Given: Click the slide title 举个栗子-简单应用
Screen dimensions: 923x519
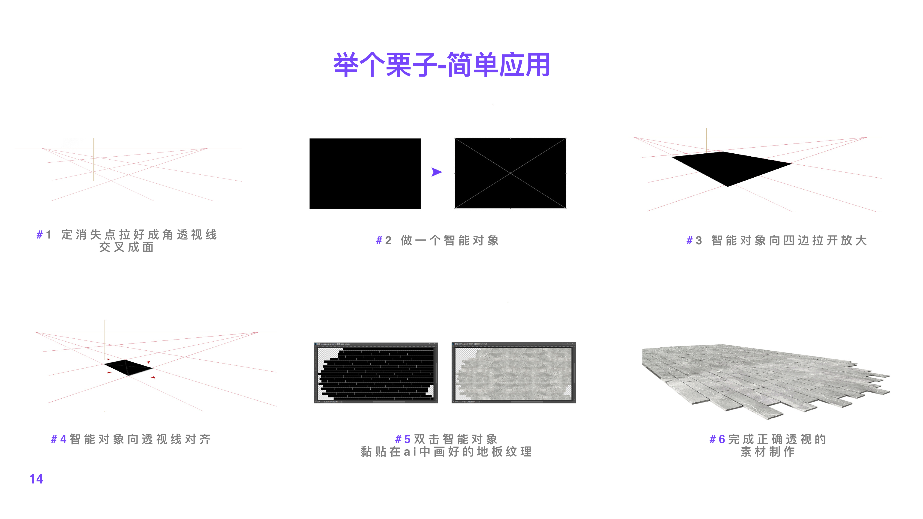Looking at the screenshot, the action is click(x=441, y=65).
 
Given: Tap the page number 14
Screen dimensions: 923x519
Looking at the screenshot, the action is click(x=36, y=479).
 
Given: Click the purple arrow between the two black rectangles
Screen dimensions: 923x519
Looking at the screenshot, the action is click(x=436, y=172).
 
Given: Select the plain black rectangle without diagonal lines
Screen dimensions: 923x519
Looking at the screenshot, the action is click(x=365, y=174).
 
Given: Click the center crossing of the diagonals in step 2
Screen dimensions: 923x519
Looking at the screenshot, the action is click(x=510, y=173).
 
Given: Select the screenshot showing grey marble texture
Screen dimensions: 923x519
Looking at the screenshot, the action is click(x=513, y=373).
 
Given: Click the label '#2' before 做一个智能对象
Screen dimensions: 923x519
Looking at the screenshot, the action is click(x=383, y=240).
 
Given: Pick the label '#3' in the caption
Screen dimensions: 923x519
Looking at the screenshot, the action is click(x=694, y=240).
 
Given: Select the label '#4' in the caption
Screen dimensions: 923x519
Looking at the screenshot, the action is click(x=58, y=439).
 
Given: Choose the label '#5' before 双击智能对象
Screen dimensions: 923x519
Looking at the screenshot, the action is click(x=402, y=439).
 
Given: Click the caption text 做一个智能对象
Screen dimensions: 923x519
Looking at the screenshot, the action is click(x=450, y=240).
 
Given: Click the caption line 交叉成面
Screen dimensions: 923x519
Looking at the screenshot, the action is click(x=126, y=247).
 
